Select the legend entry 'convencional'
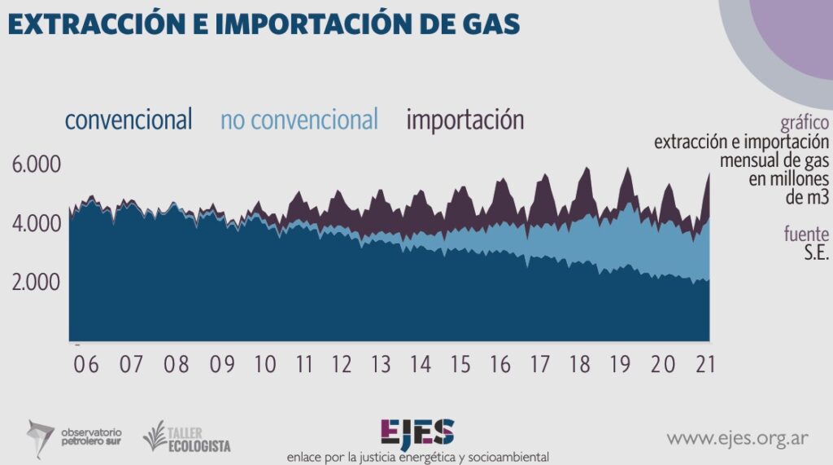[x=129, y=121]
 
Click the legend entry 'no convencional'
[x=299, y=121]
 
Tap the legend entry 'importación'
[x=465, y=121]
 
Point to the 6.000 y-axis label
[x=37, y=165]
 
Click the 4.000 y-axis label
[x=37, y=223]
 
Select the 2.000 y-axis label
[x=37, y=283]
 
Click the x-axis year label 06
[x=85, y=364]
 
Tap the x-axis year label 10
[x=264, y=364]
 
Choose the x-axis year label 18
[x=580, y=364]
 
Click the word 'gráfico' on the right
[x=805, y=123]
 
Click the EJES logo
[x=417, y=432]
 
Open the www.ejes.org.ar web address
[x=737, y=439]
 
